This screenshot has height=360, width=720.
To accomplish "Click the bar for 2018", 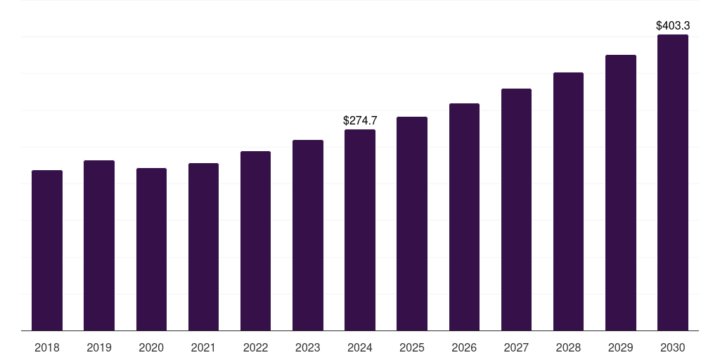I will pyautogui.click(x=47, y=250).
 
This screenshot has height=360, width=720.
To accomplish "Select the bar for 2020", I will pyautogui.click(x=151, y=249).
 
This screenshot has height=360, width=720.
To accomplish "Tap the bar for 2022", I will pyautogui.click(x=255, y=240).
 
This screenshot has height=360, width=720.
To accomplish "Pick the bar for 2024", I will pyautogui.click(x=360, y=230).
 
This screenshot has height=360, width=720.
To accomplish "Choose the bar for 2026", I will pyautogui.click(x=464, y=217).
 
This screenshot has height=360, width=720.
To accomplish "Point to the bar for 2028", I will pyautogui.click(x=568, y=201).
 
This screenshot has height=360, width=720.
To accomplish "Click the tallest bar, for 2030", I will pyautogui.click(x=673, y=182).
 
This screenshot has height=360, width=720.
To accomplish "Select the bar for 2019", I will pyautogui.click(x=99, y=245).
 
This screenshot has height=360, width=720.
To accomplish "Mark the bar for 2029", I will pyautogui.click(x=621, y=193).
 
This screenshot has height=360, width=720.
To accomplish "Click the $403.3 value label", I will pyautogui.click(x=673, y=26).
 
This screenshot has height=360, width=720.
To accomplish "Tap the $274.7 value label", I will pyautogui.click(x=360, y=121).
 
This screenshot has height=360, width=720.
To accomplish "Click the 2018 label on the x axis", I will pyautogui.click(x=47, y=348).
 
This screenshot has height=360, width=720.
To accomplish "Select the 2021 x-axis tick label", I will pyautogui.click(x=203, y=348).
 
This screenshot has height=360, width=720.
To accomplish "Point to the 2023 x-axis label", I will pyautogui.click(x=308, y=348).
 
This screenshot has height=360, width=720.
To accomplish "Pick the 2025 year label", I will pyautogui.click(x=412, y=348).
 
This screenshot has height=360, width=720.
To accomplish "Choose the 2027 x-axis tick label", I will pyautogui.click(x=516, y=348).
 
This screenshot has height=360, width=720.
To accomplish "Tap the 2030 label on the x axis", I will pyautogui.click(x=673, y=348).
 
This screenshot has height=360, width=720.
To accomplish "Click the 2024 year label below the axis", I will pyautogui.click(x=360, y=348).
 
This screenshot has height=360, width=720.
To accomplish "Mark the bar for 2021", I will pyautogui.click(x=203, y=247).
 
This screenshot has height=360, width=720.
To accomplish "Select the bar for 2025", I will pyautogui.click(x=412, y=224).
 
